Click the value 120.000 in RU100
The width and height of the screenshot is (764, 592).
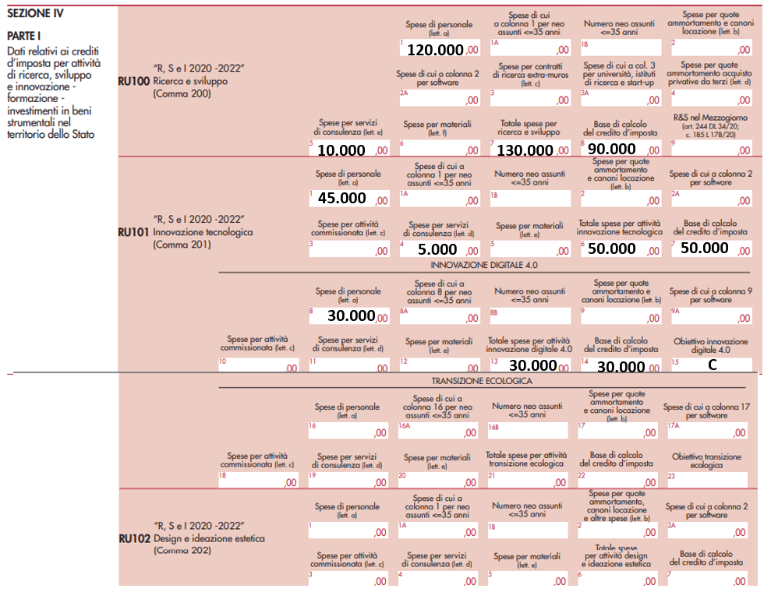click(x=435, y=50)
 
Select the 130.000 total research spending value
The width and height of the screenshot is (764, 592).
click(x=525, y=150)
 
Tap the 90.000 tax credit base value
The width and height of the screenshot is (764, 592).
click(x=612, y=149)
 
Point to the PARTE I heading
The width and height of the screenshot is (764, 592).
click(x=24, y=37)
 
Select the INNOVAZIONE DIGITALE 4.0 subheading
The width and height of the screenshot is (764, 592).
click(x=484, y=266)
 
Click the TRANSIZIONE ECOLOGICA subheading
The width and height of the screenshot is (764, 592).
click(x=483, y=381)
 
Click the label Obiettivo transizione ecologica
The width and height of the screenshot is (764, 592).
click(x=707, y=460)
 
